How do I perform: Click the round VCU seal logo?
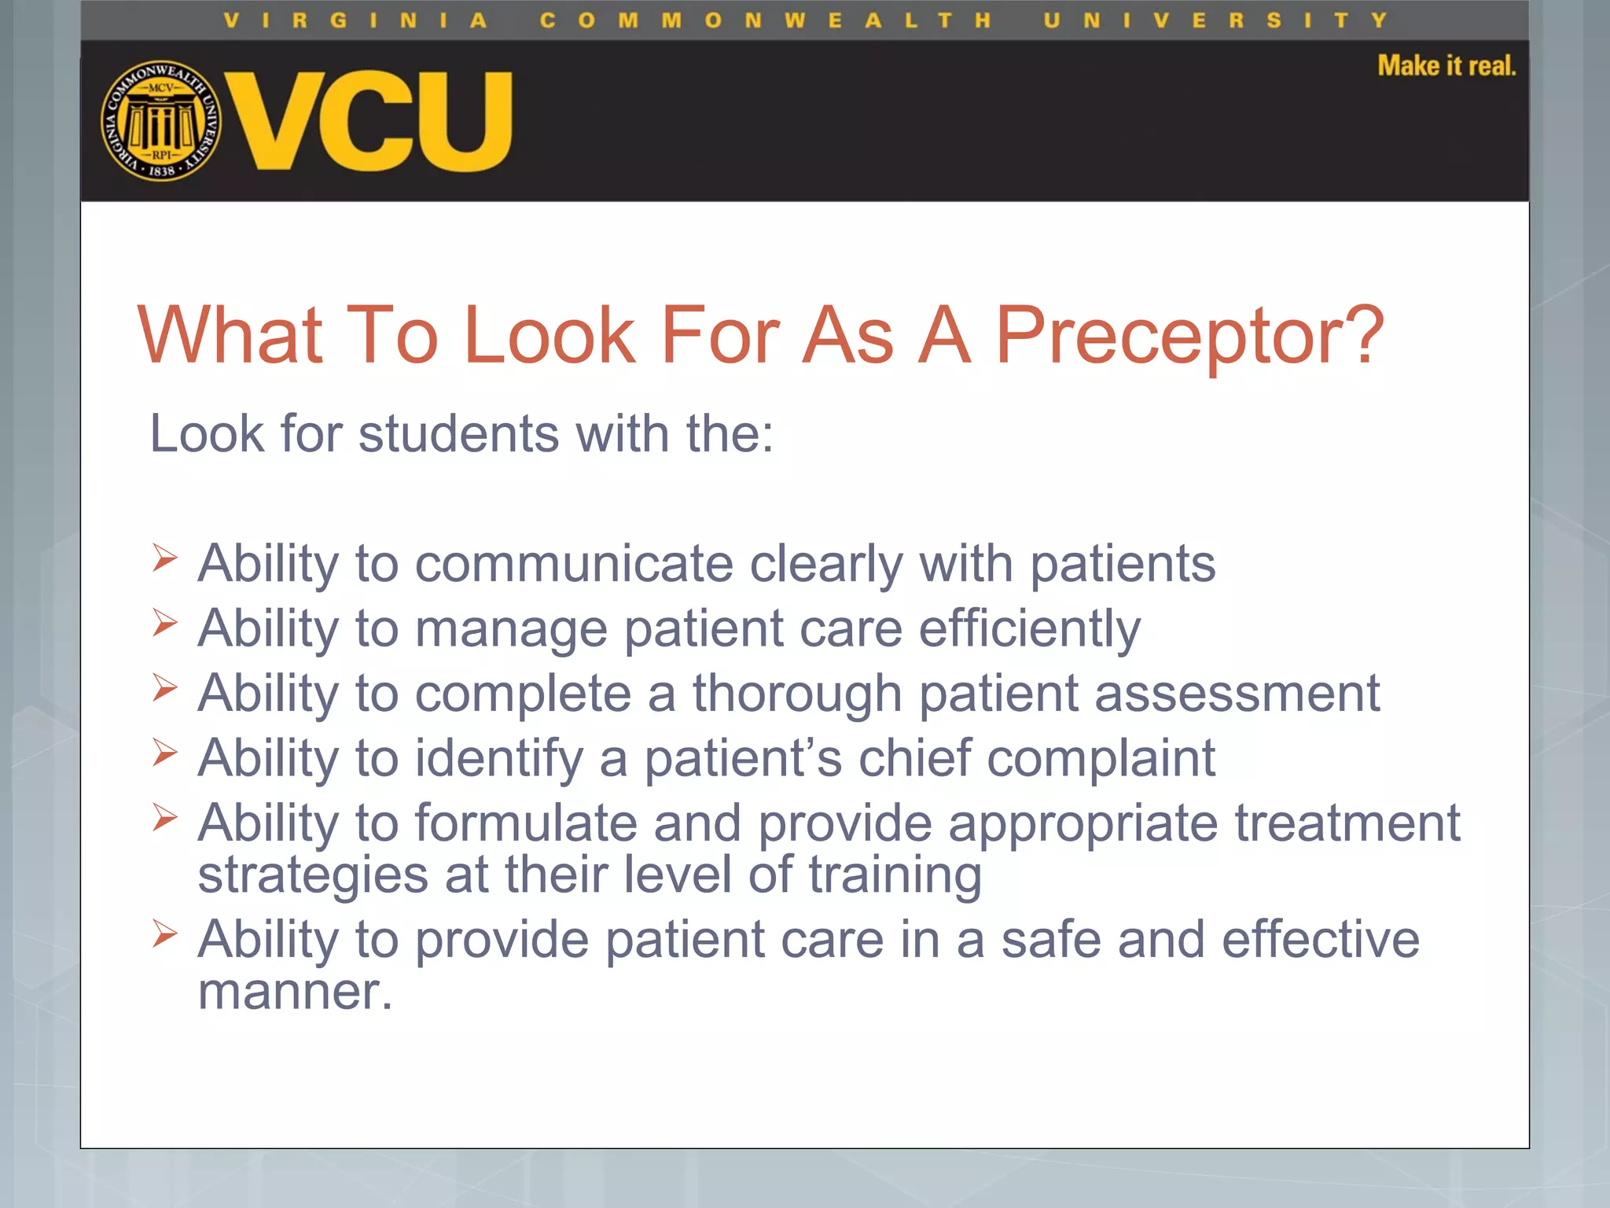[161, 120]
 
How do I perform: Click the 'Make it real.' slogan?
[1446, 66]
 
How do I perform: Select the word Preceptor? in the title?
[1189, 337]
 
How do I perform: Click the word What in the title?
[230, 335]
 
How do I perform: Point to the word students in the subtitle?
[458, 433]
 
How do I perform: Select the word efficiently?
[1029, 629]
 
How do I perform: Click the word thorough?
[796, 694]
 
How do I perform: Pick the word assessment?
[1237, 694]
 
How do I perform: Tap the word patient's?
[743, 759]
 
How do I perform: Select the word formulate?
[526, 823]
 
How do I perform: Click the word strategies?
[313, 875]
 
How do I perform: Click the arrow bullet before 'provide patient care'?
[164, 934]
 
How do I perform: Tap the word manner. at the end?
[295, 991]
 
